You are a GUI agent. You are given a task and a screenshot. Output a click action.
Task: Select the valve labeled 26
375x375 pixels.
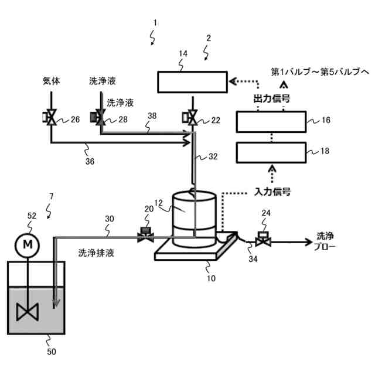click(x=51, y=118)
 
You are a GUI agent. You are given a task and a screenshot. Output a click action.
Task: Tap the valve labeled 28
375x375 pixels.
click(x=98, y=118)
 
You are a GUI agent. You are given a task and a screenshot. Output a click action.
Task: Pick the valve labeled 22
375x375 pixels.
click(x=192, y=118)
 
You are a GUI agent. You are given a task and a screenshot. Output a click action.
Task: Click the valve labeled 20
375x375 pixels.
click(x=145, y=236)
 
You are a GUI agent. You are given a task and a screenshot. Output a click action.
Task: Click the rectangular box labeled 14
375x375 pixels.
click(x=193, y=82)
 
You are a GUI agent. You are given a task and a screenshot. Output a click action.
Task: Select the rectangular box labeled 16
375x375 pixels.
click(x=270, y=122)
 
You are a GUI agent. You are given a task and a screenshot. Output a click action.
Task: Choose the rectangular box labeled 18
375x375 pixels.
click(x=270, y=153)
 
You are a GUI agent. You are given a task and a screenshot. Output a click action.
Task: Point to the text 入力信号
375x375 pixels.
click(x=273, y=191)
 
